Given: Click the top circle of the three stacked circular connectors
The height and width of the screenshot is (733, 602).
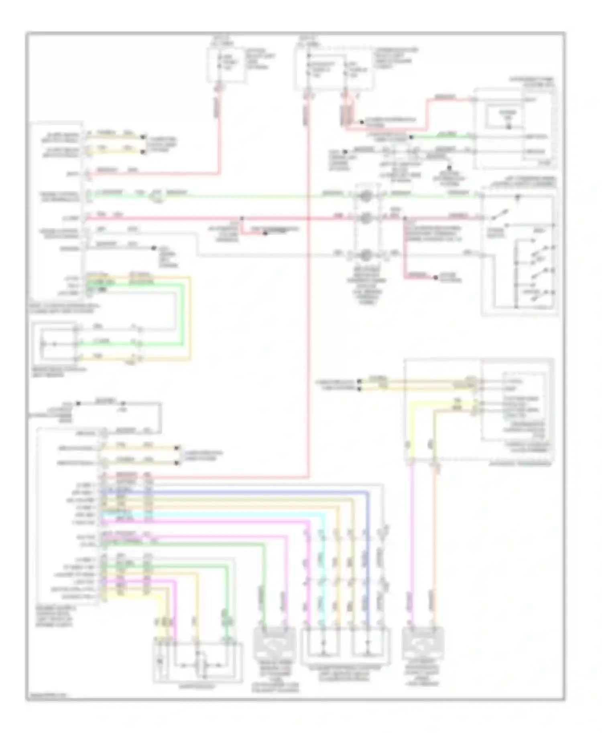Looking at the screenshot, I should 366,196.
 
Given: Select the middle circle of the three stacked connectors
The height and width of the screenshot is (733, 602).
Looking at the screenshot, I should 366,218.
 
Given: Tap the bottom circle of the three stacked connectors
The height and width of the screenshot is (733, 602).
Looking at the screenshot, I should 366,255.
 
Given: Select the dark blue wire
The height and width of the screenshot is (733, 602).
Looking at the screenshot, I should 367,561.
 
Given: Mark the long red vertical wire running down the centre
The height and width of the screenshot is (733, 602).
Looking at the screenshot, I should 308,321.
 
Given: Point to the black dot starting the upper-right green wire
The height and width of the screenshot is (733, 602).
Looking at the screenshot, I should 411,138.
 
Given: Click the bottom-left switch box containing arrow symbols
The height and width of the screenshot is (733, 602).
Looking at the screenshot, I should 197,662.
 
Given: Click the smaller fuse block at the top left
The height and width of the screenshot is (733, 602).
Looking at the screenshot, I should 226,65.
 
